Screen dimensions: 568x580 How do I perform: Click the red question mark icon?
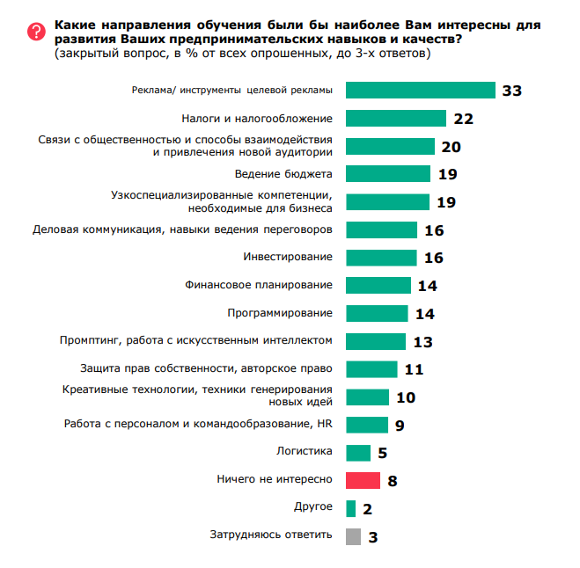coord(35,32)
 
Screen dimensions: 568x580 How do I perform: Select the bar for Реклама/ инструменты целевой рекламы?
coord(420,91)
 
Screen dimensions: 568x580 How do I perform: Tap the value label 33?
coord(512,91)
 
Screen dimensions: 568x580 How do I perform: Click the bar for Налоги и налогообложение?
coord(395,119)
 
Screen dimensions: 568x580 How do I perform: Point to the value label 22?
coord(463,119)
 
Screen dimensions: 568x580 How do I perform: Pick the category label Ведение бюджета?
coord(283,173)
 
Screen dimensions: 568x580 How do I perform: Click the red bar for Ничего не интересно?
coord(363,480)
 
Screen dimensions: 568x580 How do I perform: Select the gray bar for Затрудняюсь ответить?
coord(353,535)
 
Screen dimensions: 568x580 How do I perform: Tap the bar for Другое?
coord(350,507)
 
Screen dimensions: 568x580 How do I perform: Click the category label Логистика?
coord(305,452)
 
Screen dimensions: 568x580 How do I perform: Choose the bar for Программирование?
coord(377,313)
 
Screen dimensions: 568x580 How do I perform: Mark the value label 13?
coord(422,341)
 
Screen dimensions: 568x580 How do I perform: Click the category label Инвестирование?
coord(287,257)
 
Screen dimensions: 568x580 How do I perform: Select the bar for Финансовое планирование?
coord(378,285)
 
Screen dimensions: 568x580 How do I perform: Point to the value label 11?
coord(414,369)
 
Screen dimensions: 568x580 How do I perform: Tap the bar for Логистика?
coord(358,452)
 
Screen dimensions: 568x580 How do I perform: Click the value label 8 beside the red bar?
coord(393,481)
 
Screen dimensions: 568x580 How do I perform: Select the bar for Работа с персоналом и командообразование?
coord(367,425)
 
